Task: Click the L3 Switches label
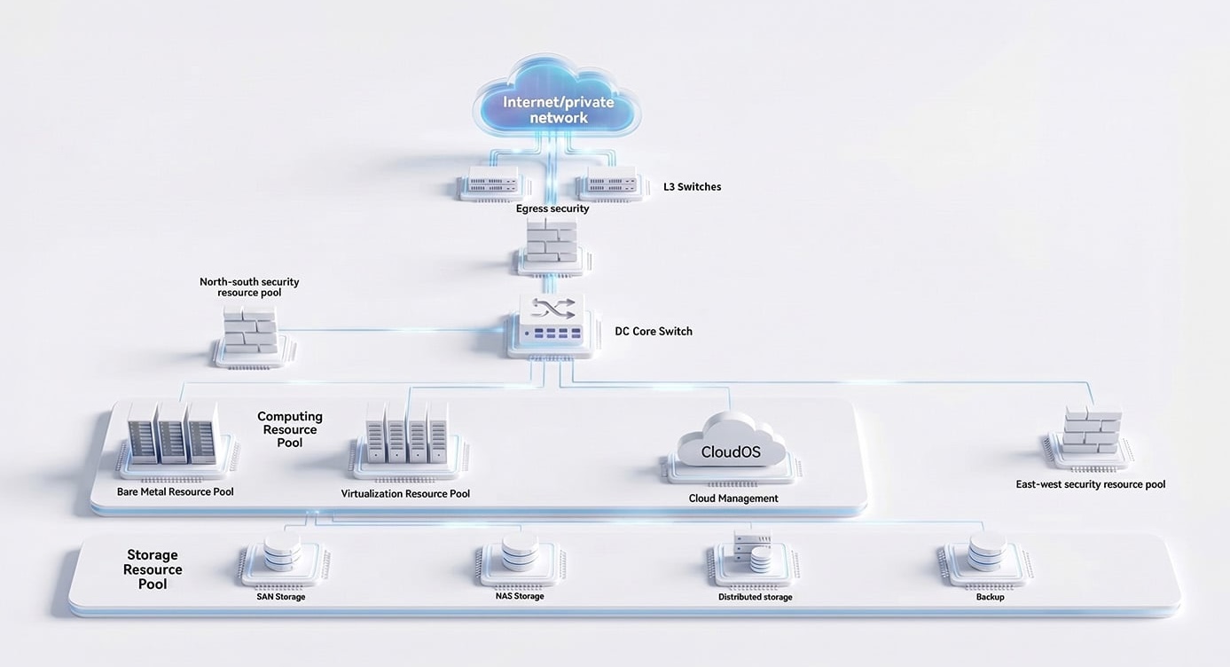point(692,187)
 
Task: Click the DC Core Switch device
point(552,326)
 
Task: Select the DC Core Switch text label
point(654,332)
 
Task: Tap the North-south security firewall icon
point(252,336)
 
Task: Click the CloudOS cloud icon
point(731,448)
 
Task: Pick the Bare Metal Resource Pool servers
point(176,440)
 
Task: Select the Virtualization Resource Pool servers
point(407,441)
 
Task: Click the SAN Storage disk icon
point(282,560)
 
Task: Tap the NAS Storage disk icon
point(520,560)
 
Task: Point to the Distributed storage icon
point(754,558)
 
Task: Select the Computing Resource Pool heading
point(290,429)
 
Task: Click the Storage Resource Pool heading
point(153,569)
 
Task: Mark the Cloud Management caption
point(733,498)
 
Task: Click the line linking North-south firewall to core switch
point(391,330)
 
